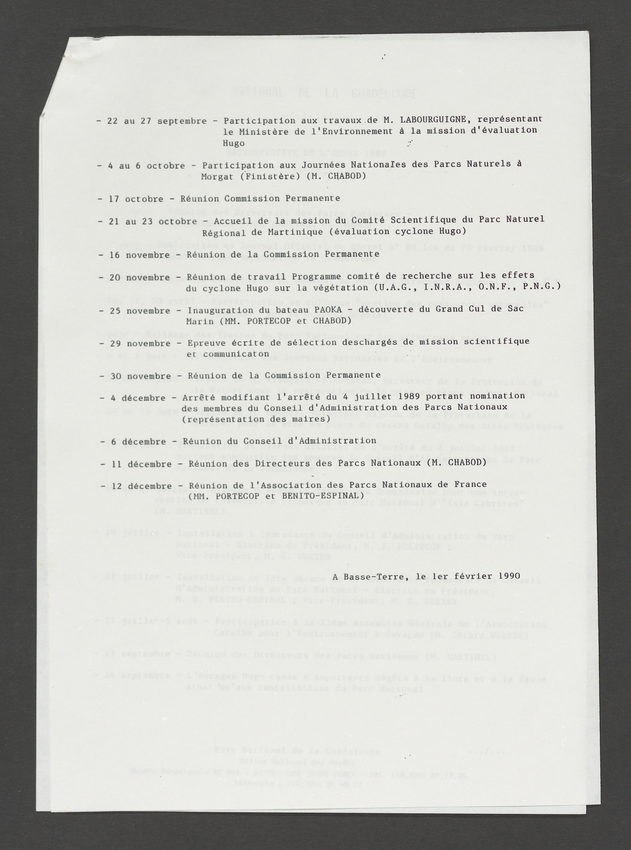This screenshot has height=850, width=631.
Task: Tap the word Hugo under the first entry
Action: pyautogui.click(x=233, y=143)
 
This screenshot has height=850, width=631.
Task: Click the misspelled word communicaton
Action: pyautogui.click(x=236, y=354)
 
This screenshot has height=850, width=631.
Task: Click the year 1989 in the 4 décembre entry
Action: pyautogui.click(x=409, y=396)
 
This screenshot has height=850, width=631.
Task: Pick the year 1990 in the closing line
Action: pyautogui.click(x=508, y=576)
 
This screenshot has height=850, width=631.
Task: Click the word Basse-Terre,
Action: pyautogui.click(x=378, y=577)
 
